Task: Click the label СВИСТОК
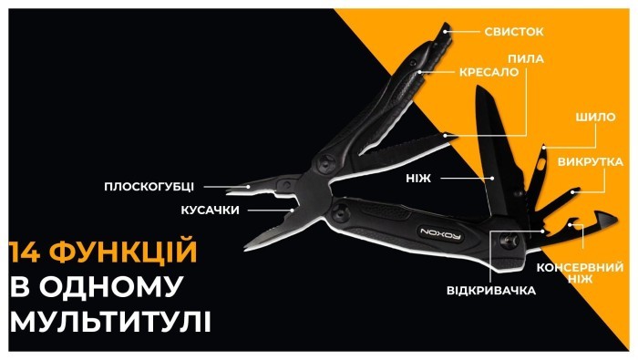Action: [x=513, y=31]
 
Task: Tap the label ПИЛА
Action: [x=530, y=58]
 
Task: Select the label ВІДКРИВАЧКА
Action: [x=490, y=290]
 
